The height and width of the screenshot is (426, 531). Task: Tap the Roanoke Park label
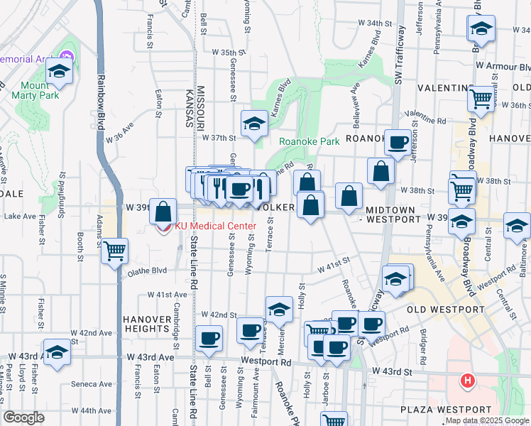[309, 141]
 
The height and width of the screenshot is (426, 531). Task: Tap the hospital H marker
[467, 381]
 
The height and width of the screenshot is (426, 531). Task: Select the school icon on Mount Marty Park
[59, 72]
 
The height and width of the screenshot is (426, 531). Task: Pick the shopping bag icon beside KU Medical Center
[163, 211]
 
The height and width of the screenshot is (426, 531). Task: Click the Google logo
[24, 417]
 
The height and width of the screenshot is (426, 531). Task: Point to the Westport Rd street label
[265, 361]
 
